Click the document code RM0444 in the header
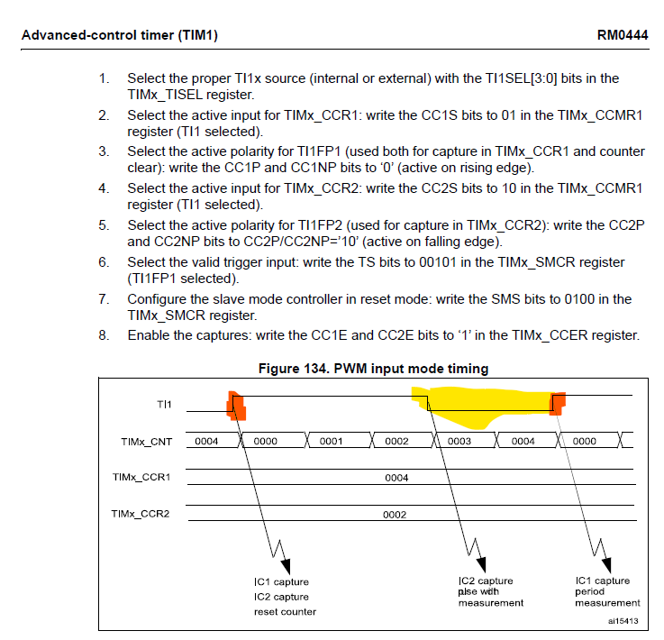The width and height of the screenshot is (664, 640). click(621, 36)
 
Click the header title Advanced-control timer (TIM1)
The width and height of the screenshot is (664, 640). click(119, 36)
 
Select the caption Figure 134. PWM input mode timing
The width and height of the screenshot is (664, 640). click(373, 368)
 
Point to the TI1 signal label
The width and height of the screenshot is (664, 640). click(165, 405)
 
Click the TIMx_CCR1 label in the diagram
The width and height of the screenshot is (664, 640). click(141, 477)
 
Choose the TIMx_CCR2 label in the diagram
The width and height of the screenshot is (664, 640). click(141, 514)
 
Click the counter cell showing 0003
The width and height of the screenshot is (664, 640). click(459, 442)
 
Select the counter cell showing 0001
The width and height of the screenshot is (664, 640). click(331, 442)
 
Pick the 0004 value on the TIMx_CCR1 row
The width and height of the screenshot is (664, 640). click(396, 478)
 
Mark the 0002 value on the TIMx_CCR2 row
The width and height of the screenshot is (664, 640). click(396, 515)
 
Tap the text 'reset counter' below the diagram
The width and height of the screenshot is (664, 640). click(285, 612)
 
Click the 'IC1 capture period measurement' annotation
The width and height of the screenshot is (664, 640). click(607, 591)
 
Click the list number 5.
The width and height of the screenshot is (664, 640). click(105, 225)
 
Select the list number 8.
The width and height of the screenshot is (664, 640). click(105, 335)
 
